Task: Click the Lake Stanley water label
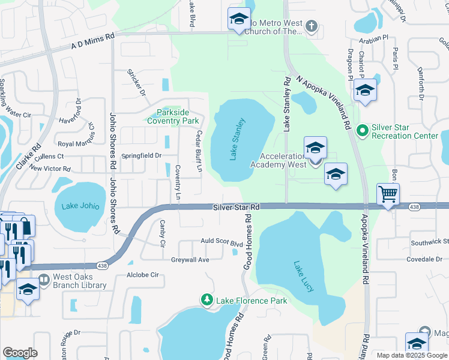tap(238, 139)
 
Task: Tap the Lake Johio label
tap(80, 206)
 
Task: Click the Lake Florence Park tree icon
tap(207, 299)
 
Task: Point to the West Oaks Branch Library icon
tap(44, 280)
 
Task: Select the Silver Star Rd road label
tap(236, 207)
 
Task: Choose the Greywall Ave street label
tap(189, 260)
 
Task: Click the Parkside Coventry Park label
tap(173, 116)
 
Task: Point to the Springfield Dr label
tap(142, 155)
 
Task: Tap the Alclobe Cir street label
tap(142, 275)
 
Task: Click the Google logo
tap(20, 353)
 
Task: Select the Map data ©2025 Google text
tap(412, 355)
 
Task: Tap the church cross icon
tap(310, 26)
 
